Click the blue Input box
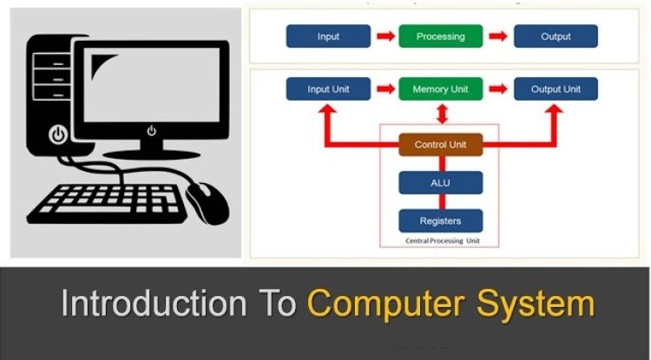point(328,36)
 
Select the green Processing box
point(440,36)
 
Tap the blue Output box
point(556,36)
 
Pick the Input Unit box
point(328,88)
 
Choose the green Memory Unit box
point(440,88)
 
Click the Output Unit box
point(556,88)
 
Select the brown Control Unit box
point(440,144)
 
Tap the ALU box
point(440,182)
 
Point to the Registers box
point(440,220)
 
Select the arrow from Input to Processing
point(385,36)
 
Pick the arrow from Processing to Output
point(497,36)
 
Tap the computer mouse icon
point(208,201)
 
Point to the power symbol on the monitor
point(152,131)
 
